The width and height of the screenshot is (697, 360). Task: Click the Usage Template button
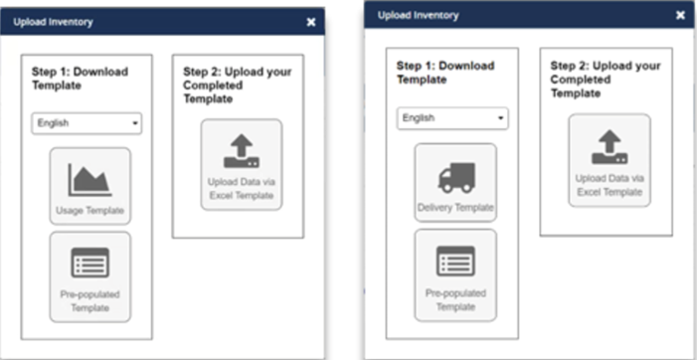coord(90,186)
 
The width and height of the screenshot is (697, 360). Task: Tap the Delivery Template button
coord(455,182)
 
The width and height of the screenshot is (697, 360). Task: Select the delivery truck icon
coord(456,178)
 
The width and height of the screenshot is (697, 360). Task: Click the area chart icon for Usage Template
coord(89,180)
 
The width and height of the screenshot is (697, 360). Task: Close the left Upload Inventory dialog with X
coord(311,22)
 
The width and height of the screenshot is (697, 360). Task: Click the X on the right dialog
coord(680,15)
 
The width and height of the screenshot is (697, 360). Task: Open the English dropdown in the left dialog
coord(87,123)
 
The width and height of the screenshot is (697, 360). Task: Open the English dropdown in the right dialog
coord(452,118)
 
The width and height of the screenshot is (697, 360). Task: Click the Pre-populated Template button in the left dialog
coord(90,276)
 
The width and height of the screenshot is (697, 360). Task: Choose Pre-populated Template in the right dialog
coord(455,274)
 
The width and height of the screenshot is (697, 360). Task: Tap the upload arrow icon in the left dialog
coord(242,151)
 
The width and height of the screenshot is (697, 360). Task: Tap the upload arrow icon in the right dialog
coord(610,147)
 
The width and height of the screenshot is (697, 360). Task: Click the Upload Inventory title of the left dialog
coord(53,22)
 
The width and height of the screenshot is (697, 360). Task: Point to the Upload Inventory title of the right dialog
coord(419,15)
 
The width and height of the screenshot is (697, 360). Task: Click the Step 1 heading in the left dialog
coord(80,79)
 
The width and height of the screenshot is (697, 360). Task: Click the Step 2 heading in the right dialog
coord(606,80)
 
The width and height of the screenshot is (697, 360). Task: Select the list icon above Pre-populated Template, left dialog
coord(90,263)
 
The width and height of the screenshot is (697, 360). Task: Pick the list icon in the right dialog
coord(455,261)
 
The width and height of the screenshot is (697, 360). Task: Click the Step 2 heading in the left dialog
coord(238,85)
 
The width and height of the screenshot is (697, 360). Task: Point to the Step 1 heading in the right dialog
coord(445,73)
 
